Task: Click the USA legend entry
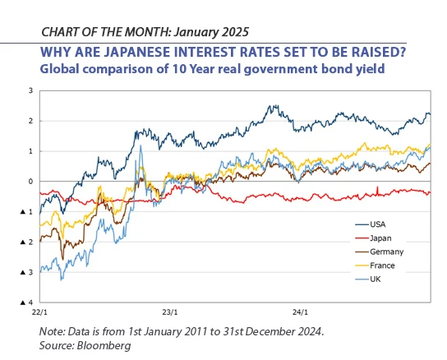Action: pos(377,224)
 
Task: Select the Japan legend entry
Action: pos(380,238)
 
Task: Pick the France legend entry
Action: pos(382,265)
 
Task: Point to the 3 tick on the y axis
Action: pos(31,90)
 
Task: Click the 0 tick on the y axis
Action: pos(31,182)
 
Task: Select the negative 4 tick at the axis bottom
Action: pos(30,302)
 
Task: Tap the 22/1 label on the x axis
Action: pos(39,313)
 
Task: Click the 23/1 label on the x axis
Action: pos(170,313)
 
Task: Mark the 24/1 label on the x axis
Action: pos(302,313)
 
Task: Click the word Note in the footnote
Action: pos(53,332)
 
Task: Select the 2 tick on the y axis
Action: pos(31,121)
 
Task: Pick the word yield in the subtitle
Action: pos(370,70)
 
